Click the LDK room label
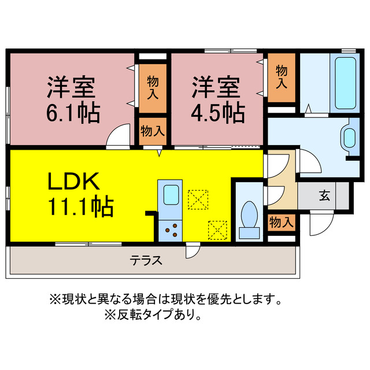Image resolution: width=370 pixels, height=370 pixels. click(x=76, y=183)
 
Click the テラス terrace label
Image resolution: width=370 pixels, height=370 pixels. click(x=146, y=260)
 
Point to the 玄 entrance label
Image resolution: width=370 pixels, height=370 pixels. click(x=324, y=195)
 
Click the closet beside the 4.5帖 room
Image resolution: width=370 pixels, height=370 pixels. click(x=282, y=77)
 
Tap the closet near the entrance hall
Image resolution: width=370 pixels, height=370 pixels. click(x=282, y=221)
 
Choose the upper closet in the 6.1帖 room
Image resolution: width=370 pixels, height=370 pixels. click(x=153, y=87)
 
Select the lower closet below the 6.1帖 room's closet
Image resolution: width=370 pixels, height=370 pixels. click(x=153, y=131)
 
